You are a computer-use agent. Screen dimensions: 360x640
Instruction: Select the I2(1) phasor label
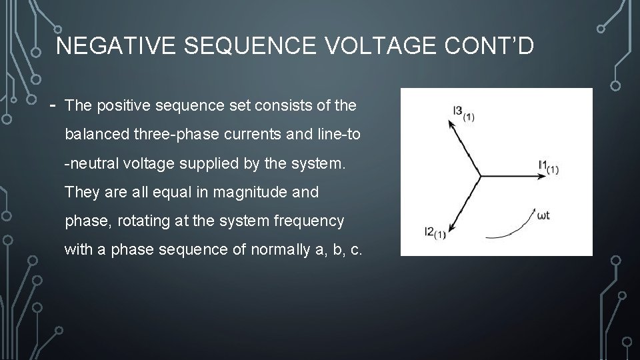click(435, 233)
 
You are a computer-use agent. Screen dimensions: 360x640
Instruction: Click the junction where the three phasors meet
click(480, 176)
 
